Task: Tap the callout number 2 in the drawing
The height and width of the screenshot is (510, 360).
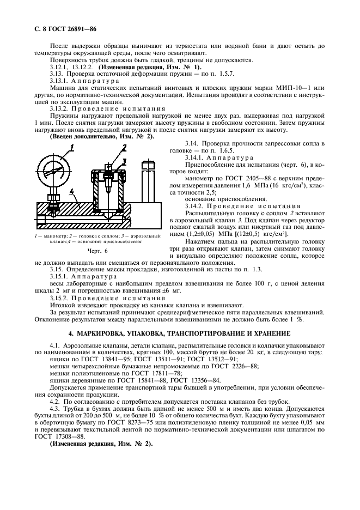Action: pyautogui.click(x=124, y=147)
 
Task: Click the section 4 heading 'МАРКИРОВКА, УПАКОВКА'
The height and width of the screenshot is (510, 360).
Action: pyautogui.click(x=180, y=332)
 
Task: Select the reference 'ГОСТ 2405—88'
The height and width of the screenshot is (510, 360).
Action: pyautogui.click(x=239, y=178)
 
